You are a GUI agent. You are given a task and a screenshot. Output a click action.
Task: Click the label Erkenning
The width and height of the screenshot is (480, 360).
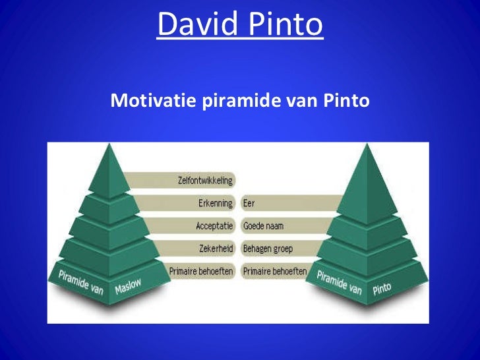point(216,203)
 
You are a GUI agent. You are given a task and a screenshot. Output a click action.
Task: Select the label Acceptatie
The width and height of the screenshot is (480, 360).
point(214,225)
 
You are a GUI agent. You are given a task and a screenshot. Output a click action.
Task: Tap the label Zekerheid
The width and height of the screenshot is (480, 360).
point(215,249)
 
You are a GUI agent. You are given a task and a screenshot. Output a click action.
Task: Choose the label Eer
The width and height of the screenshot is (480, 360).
point(249,203)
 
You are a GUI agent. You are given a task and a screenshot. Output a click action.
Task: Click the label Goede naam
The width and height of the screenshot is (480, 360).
point(263,225)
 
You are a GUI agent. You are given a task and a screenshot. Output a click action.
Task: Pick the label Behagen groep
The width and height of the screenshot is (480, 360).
point(268,249)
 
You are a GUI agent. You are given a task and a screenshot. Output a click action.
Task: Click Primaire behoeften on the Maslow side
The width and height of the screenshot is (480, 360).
point(201,271)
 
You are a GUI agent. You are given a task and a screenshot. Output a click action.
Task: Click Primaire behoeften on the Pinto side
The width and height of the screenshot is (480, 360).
point(274,271)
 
